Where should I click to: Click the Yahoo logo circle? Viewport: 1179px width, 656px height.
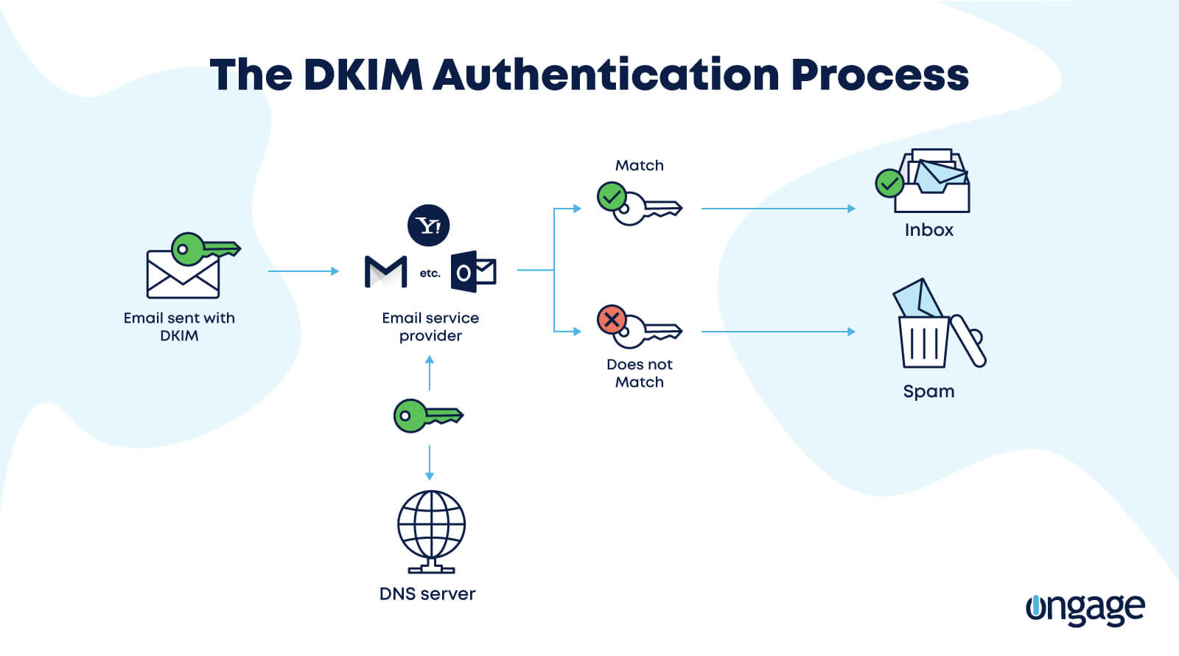tap(428, 226)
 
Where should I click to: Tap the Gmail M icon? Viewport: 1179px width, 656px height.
tap(386, 272)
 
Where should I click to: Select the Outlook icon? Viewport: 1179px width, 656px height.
tap(473, 272)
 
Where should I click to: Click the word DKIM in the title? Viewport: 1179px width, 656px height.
tap(363, 74)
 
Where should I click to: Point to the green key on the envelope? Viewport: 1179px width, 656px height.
tap(204, 249)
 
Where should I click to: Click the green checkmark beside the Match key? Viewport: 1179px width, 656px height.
tap(612, 197)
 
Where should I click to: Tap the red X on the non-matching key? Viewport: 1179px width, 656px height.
tap(612, 320)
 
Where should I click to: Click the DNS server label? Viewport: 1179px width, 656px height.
tap(427, 593)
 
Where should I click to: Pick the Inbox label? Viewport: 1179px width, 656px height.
tap(928, 230)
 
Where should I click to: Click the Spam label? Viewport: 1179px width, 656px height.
tap(928, 391)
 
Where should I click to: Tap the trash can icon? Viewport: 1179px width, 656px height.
tap(924, 341)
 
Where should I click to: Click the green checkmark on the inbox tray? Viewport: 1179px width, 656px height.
tap(889, 183)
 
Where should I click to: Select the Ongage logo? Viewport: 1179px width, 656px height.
tap(1085, 609)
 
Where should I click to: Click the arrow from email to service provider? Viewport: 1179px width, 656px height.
tap(303, 271)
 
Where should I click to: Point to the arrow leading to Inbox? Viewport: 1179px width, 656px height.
tap(777, 209)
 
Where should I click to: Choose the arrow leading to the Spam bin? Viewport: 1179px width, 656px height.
tap(777, 332)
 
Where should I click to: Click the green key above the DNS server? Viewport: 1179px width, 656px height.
tap(427, 416)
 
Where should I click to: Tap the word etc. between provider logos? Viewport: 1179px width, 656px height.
tap(430, 273)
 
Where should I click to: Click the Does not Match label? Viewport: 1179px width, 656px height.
tap(639, 373)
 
